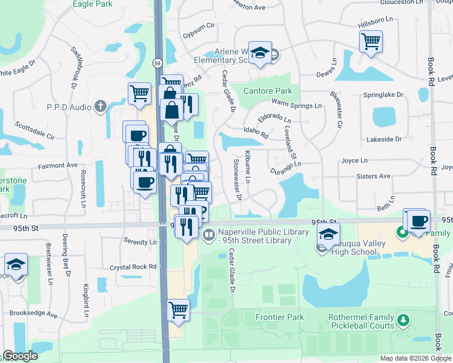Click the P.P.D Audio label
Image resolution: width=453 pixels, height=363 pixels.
70,107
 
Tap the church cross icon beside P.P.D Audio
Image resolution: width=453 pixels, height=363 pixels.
101,107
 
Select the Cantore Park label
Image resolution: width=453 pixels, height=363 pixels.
268,91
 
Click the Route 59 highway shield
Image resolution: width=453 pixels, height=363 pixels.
157,63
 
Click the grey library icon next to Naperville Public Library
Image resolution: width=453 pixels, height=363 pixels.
208,234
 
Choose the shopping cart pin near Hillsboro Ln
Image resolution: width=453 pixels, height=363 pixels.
371,42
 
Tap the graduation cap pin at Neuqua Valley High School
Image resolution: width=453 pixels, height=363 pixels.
328,234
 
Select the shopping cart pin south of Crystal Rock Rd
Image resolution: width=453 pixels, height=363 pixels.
178,310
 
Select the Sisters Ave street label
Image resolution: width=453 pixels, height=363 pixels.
375,176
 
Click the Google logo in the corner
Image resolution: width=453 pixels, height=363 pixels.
19,356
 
